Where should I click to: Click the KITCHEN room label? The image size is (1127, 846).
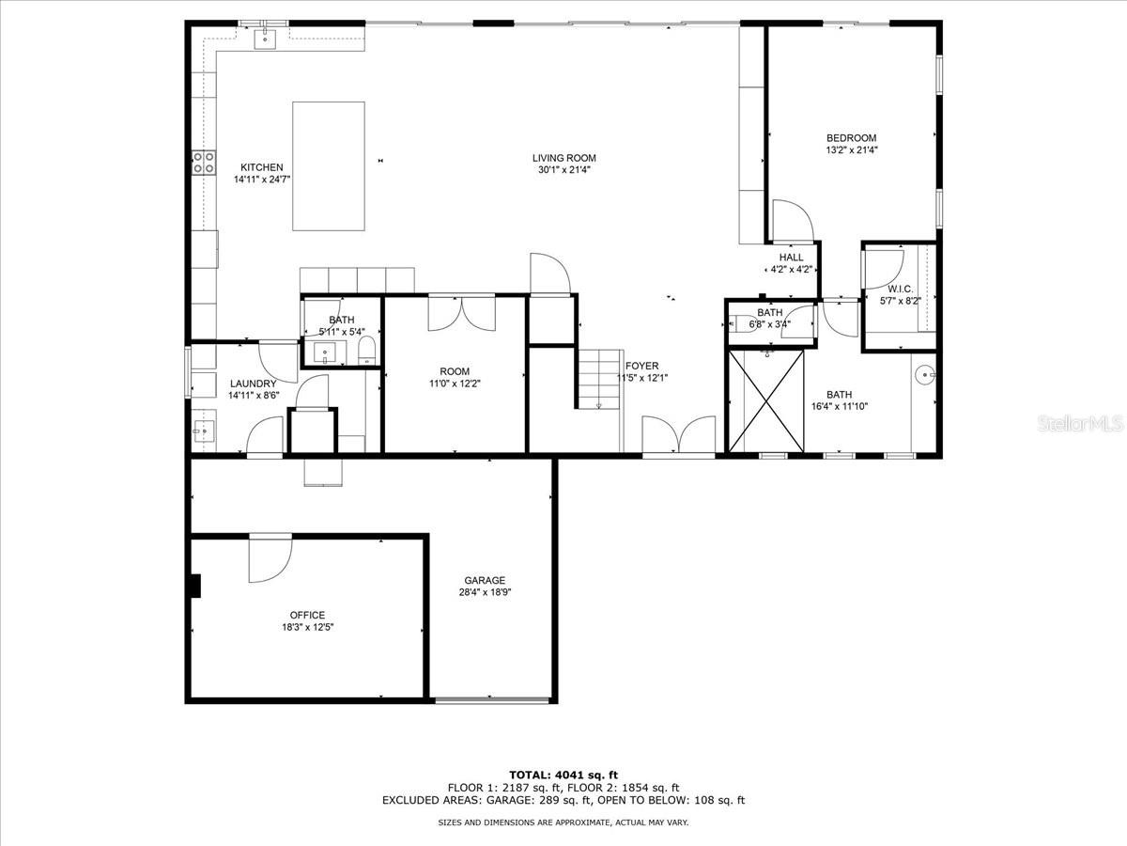coord(262,167)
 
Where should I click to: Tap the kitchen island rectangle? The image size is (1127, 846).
coord(329,166)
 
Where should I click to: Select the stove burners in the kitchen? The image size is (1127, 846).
coord(204,163)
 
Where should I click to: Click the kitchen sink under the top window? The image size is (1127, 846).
coord(265,39)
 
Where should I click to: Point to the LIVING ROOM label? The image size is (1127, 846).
coord(563,158)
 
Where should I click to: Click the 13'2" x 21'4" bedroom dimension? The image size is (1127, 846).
coord(852,150)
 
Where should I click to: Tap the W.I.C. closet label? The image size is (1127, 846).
coord(900,290)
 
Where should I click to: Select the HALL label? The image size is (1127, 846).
coord(791,258)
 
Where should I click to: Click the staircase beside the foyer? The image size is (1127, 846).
coord(599,379)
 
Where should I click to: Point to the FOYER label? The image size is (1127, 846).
coord(641,366)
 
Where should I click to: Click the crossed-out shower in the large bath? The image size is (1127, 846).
coord(766,400)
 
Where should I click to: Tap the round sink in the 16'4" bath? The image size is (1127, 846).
coord(925,375)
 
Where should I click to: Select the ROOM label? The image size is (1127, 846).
coord(455,371)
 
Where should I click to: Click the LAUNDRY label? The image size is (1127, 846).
coord(254,384)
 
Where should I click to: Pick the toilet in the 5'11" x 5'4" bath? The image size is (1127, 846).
coord(366,350)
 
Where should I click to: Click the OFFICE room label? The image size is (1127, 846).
coord(307,615)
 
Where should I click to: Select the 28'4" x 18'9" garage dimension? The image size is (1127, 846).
coord(485,592)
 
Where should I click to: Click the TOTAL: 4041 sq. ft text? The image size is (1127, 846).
coord(563,775)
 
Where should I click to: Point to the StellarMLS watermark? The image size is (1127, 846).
coord(1080,424)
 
